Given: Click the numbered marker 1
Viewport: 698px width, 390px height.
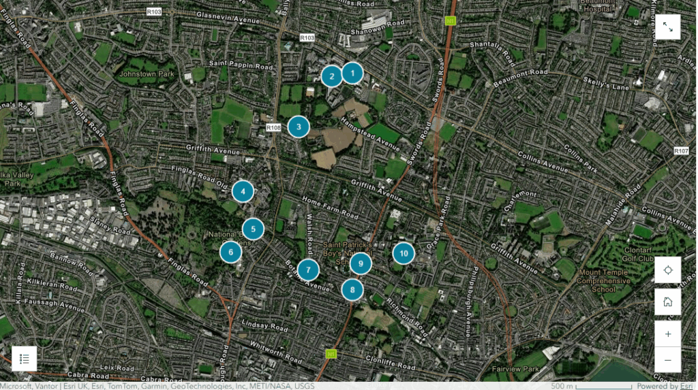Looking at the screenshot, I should [352, 72].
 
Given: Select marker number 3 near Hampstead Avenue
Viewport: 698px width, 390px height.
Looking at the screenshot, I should [298, 127].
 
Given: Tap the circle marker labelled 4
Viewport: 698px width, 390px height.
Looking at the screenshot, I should [243, 192].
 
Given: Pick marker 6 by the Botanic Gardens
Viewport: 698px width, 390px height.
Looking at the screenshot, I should [231, 252].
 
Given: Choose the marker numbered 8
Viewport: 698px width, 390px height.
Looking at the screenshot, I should [352, 290].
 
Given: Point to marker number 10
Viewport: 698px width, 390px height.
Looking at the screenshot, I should [404, 253].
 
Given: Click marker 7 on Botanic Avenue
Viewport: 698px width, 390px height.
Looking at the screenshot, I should [308, 270].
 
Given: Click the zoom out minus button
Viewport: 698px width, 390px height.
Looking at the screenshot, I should [667, 360].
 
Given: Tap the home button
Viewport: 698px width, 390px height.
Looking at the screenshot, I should [667, 302].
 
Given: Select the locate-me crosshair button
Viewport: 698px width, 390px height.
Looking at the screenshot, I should [667, 270].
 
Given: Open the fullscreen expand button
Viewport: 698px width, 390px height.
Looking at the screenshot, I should [667, 27].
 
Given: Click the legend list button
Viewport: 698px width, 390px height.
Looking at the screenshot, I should [24, 359].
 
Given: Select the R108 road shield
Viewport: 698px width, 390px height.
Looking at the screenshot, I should [273, 127].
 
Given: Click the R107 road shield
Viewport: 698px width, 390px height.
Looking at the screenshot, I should [680, 150].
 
